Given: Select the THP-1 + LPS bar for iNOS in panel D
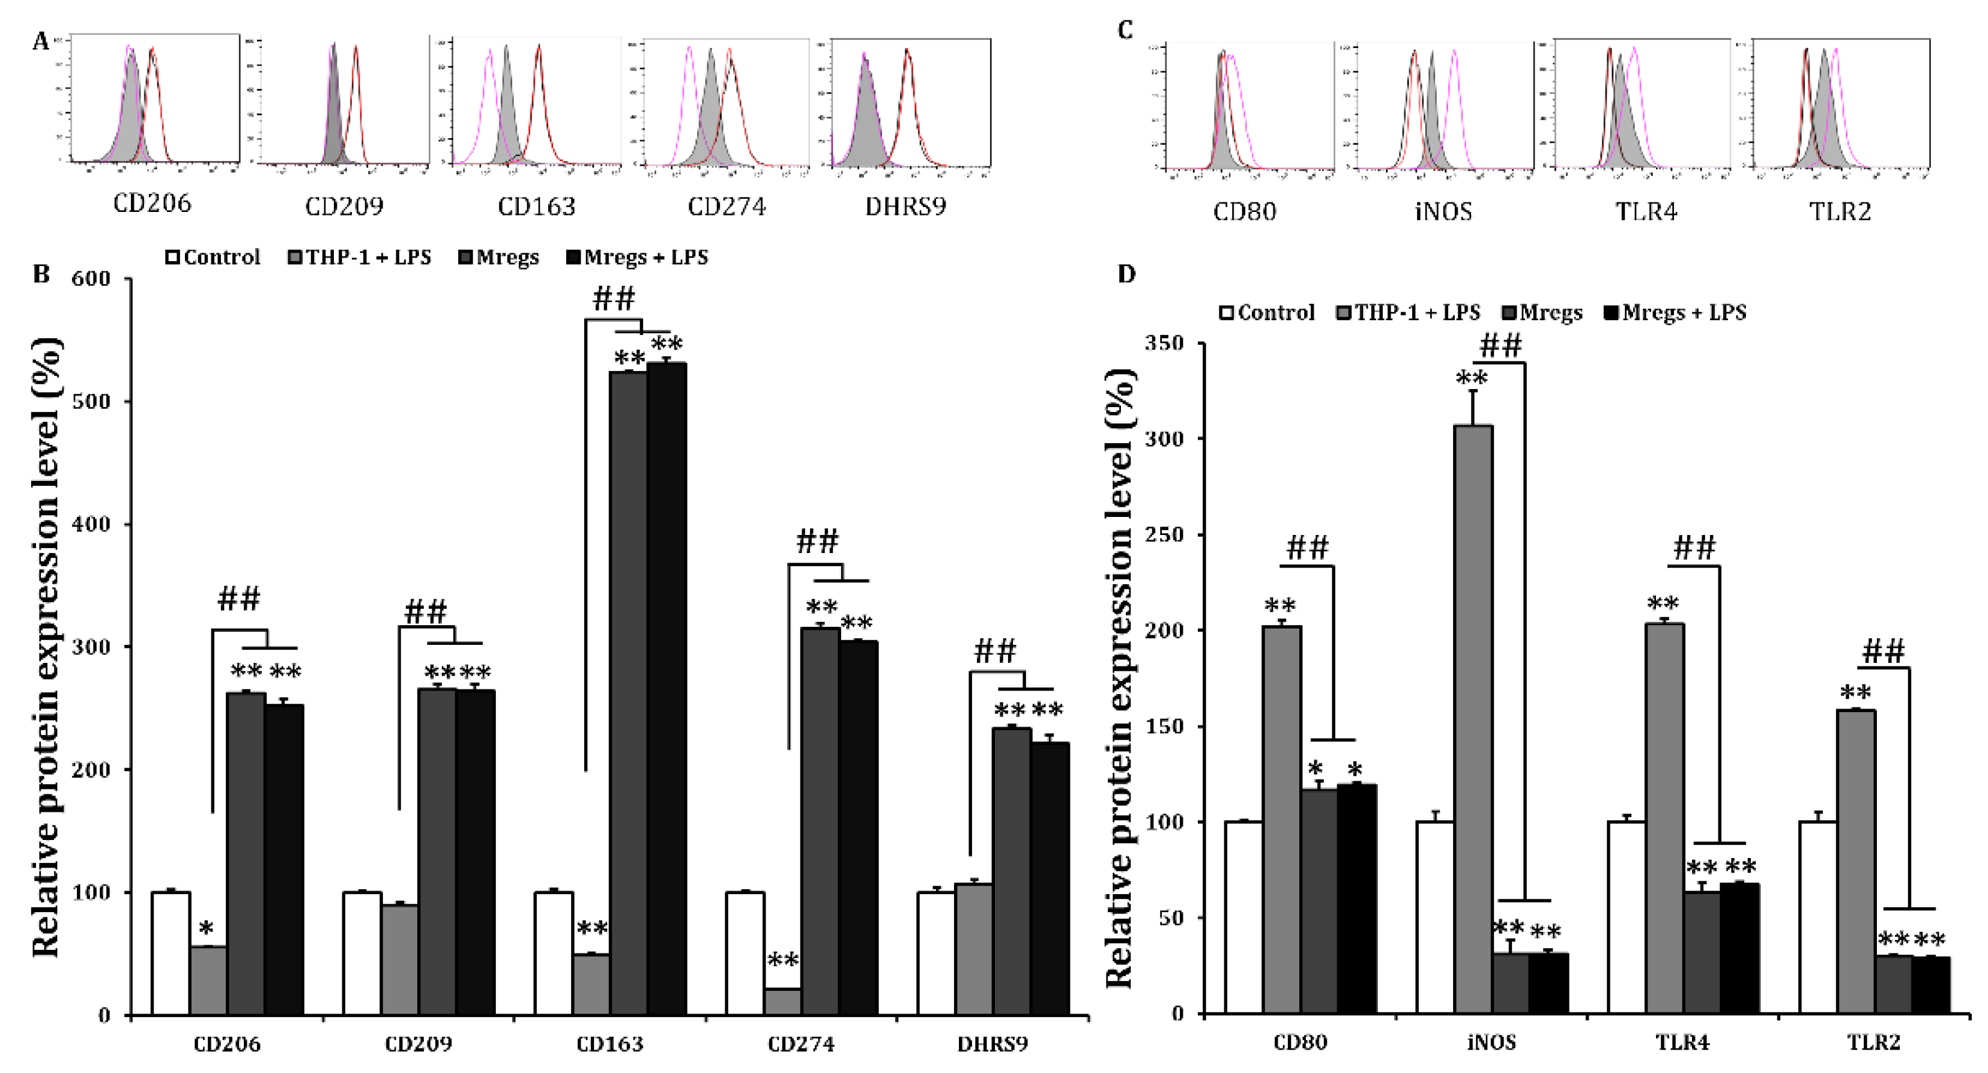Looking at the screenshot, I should pos(1472,718).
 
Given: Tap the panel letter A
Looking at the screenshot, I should pos(40,41).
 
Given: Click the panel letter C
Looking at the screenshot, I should pos(1125,30).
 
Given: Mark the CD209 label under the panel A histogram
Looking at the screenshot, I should pos(344,207).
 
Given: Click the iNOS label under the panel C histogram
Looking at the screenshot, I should pos(1443,211).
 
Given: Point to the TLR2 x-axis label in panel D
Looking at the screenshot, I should pos(1874,1043).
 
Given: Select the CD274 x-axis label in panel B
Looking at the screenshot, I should pos(801,1044).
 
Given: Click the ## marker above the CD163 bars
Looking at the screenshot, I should pos(614,298).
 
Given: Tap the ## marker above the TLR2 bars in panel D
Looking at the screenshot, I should pos(1883,652).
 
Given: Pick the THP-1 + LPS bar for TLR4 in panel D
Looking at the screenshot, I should pos(1664,818).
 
